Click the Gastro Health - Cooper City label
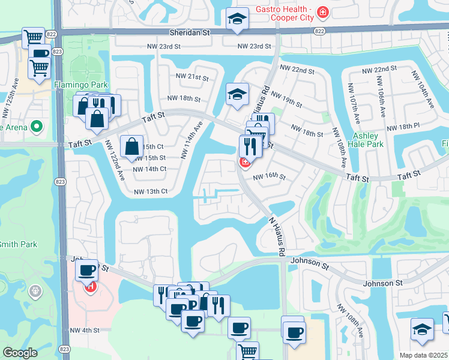285,13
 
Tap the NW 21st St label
191,77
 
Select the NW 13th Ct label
150,191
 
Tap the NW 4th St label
84,330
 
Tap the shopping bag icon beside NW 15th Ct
131,146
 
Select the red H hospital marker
90,287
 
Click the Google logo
20,353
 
